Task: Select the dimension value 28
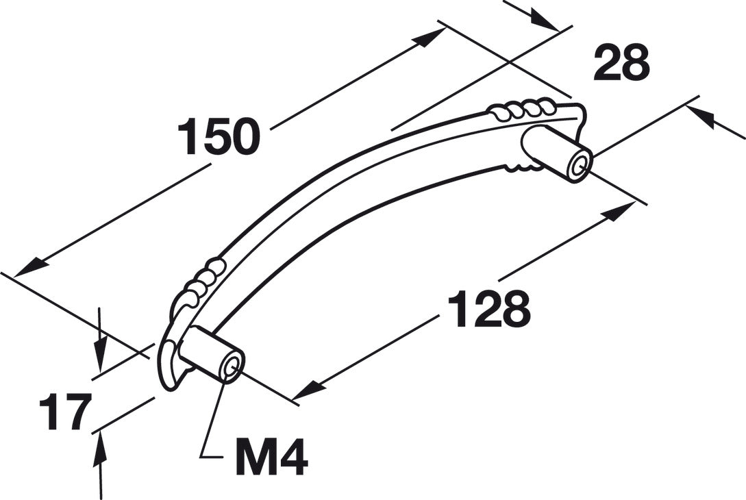621,62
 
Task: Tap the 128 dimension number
489,309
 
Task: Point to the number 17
65,412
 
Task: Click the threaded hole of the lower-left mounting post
233,368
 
